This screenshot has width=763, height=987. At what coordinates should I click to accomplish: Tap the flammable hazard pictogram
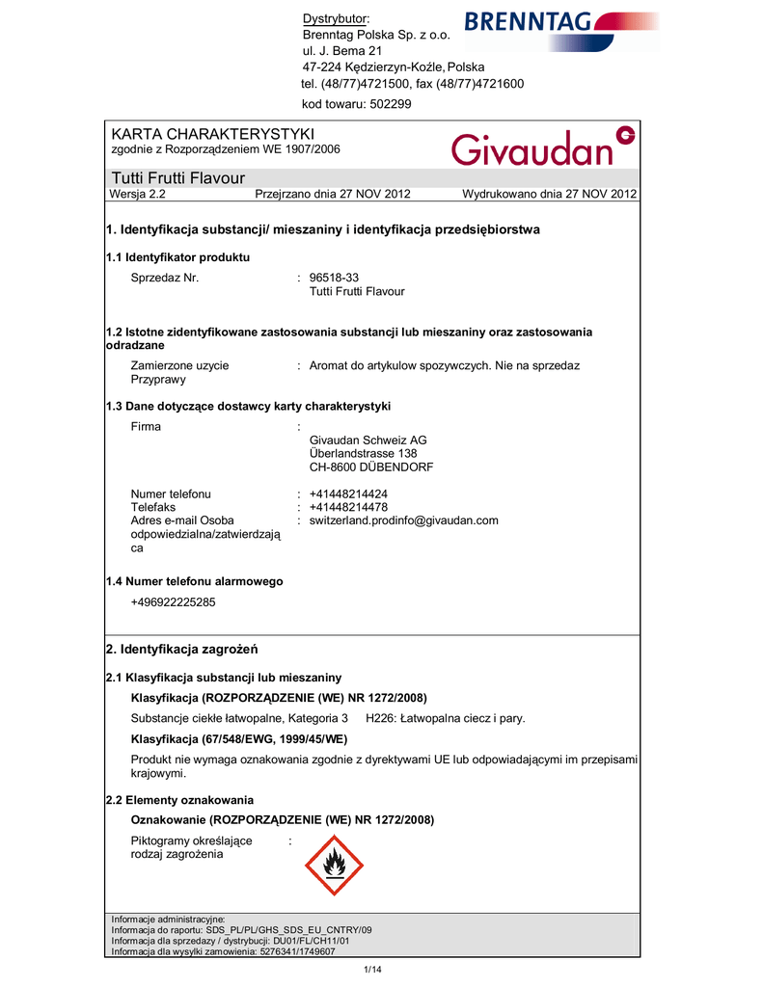click(335, 865)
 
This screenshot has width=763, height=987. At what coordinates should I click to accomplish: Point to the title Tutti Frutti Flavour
click(178, 178)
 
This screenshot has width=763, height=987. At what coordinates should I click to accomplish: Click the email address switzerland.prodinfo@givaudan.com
click(403, 520)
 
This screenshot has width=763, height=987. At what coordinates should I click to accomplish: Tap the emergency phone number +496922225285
click(173, 602)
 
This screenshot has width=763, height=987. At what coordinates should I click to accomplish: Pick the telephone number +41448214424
click(348, 493)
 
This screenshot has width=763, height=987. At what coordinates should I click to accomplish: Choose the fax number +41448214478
click(348, 507)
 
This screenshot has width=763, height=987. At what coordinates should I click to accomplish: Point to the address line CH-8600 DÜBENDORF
click(370, 467)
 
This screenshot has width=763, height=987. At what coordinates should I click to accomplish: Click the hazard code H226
click(381, 719)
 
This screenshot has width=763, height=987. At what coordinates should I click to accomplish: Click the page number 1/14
click(372, 968)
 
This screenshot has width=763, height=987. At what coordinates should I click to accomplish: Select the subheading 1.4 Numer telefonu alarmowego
click(194, 581)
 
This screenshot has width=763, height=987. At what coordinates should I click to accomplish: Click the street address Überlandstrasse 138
click(363, 454)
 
